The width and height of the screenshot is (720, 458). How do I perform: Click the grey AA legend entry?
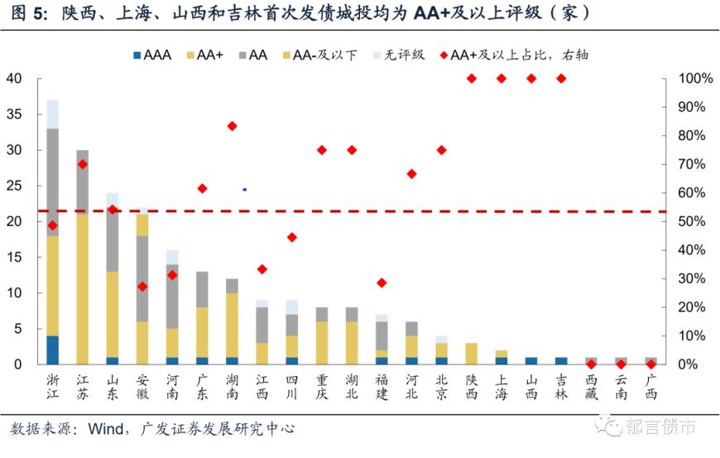[x=252, y=55]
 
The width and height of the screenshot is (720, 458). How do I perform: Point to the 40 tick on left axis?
[x=14, y=79]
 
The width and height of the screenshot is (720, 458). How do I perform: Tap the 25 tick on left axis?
[x=14, y=186]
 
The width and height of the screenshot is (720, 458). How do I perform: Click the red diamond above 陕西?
[x=472, y=79]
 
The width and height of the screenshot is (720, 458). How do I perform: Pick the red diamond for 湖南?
[x=233, y=126]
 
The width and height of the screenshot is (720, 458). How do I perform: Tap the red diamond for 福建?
[x=382, y=282]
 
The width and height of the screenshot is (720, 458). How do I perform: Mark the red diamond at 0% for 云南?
[x=621, y=364]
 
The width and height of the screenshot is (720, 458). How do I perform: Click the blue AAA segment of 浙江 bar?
[x=53, y=350]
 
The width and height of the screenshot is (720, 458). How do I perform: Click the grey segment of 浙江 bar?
[x=53, y=182]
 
